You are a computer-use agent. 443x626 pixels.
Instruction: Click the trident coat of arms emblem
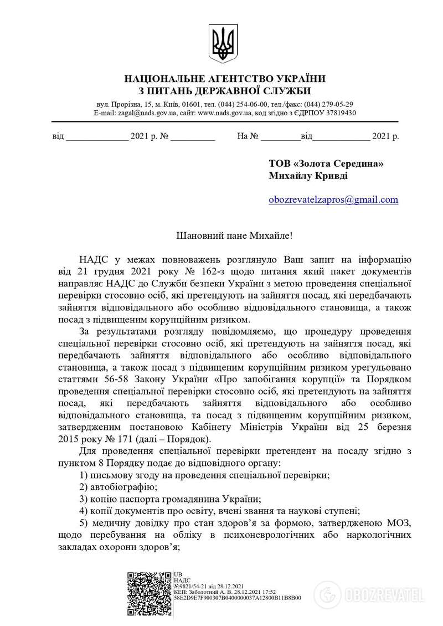(x=224, y=42)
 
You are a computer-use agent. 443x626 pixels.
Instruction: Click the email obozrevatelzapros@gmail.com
(x=333, y=199)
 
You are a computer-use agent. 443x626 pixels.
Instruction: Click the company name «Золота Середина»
(x=338, y=163)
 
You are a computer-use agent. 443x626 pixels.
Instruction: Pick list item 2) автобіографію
(x=119, y=487)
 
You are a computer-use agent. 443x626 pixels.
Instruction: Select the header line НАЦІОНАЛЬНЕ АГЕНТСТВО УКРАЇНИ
(x=224, y=79)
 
